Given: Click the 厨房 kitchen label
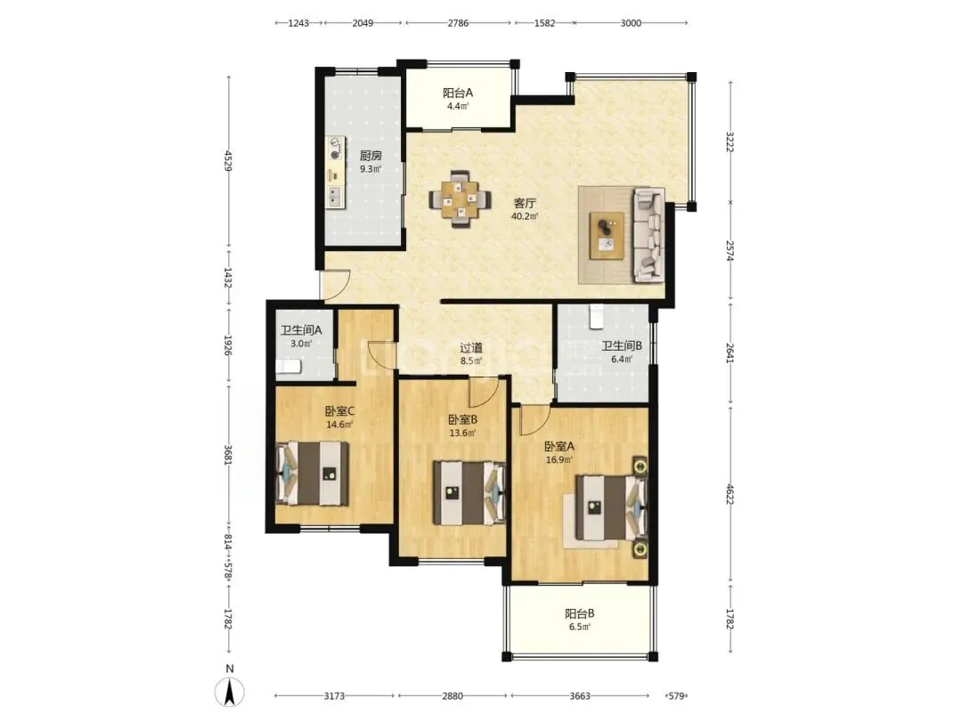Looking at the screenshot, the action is pyautogui.click(x=371, y=156).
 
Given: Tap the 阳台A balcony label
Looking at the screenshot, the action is pyautogui.click(x=458, y=93).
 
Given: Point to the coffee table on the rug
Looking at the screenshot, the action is pyautogui.click(x=607, y=235).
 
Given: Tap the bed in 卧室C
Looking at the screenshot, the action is pyautogui.click(x=313, y=474).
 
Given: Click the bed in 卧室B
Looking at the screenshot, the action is pyautogui.click(x=469, y=493).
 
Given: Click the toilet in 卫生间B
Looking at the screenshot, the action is pyautogui.click(x=596, y=316).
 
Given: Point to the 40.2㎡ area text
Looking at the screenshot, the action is pyautogui.click(x=525, y=216).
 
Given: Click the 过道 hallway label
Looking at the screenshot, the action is pyautogui.click(x=471, y=348).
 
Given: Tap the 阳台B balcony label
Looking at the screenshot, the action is pyautogui.click(x=580, y=613).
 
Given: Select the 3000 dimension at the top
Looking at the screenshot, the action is pyautogui.click(x=631, y=23).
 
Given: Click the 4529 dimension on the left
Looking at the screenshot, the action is pyautogui.click(x=228, y=161).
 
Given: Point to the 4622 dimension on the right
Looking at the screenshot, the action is pyautogui.click(x=730, y=494).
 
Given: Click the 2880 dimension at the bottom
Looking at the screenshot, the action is pyautogui.click(x=452, y=696).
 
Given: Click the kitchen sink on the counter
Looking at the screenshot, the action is pyautogui.click(x=335, y=196).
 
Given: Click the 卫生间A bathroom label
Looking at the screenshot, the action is pyautogui.click(x=301, y=330).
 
